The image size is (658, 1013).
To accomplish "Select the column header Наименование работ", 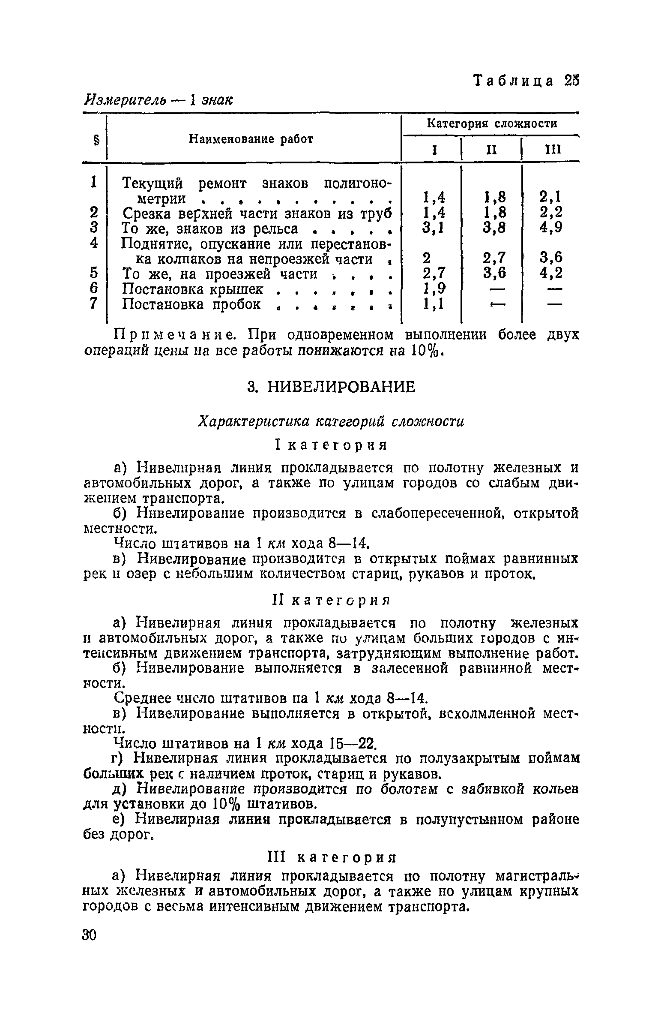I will click(x=251, y=139).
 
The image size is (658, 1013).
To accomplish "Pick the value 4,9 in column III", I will click(x=550, y=227).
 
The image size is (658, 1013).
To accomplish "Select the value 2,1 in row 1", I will click(x=550, y=197).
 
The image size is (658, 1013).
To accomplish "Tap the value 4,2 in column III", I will click(x=550, y=273).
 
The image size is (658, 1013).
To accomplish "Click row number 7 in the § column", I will click(x=93, y=304).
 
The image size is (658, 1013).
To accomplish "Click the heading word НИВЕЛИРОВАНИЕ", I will click(x=341, y=387).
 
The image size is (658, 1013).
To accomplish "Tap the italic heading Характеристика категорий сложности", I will click(x=331, y=422).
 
